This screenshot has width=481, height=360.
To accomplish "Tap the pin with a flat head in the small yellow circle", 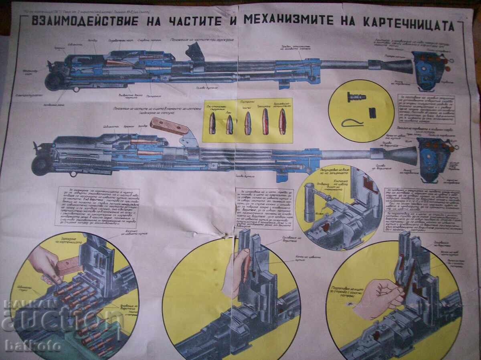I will click(354, 97).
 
